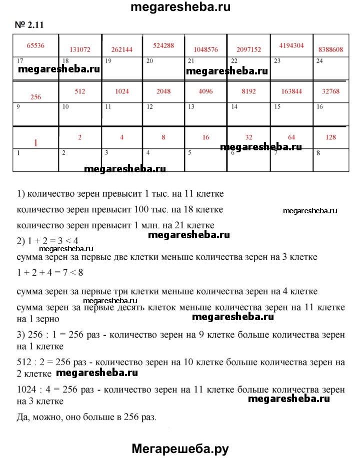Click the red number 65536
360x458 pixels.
pyautogui.click(x=35, y=45)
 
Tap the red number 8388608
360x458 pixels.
pyautogui.click(x=330, y=50)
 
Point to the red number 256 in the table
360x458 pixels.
pyautogui.click(x=35, y=97)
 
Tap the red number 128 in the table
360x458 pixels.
pyautogui.click(x=330, y=137)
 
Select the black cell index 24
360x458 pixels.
pyautogui.click(x=319, y=61)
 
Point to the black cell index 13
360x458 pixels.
pyautogui.click(x=191, y=107)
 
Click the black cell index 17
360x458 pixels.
pyautogui.click(x=19, y=61)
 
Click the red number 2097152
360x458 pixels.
pyautogui.click(x=249, y=50)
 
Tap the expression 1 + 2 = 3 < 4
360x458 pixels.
pyautogui.click(x=47, y=241)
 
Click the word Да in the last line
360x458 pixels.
pyautogui.click(x=23, y=417)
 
